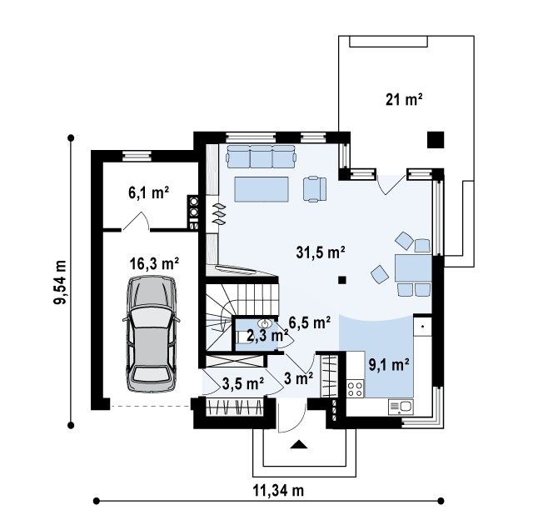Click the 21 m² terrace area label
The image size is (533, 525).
point(404,100)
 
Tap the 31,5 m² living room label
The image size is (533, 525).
point(321,252)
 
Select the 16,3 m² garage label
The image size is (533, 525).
point(154,263)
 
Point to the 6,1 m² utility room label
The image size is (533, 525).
point(148,192)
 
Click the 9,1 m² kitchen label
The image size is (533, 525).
point(389,364)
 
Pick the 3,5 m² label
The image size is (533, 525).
point(243,383)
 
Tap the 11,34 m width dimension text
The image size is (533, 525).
point(278,491)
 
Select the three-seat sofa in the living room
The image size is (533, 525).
point(261,157)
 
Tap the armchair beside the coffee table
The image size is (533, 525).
point(315,189)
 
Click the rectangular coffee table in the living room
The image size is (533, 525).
point(262,189)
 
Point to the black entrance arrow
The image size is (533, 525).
point(299,444)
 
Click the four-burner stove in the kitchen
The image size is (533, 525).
point(356,389)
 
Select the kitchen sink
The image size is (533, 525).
point(401,407)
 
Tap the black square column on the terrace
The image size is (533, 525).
point(436,140)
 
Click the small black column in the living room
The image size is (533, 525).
point(342,280)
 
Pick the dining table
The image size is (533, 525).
point(413,268)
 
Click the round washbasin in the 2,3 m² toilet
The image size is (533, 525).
point(264,323)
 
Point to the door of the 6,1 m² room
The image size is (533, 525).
point(136,221)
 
